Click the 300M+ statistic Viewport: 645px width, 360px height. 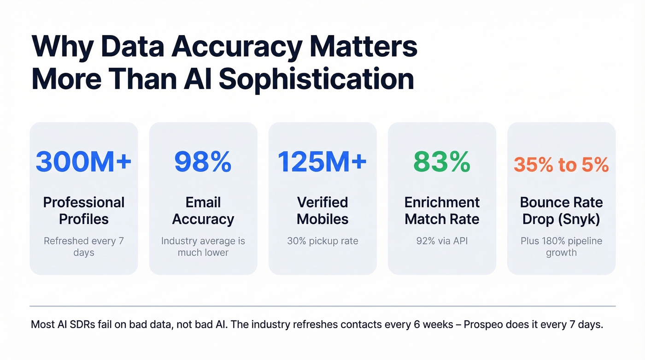click(83, 162)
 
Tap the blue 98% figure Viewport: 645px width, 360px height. click(203, 162)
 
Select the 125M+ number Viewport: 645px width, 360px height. click(322, 162)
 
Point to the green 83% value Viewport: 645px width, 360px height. click(442, 162)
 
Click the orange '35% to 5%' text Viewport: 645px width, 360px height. click(561, 165)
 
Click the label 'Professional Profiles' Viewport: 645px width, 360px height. click(83, 210)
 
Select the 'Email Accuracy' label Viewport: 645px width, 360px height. click(203, 210)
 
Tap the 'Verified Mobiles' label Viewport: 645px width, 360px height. click(322, 210)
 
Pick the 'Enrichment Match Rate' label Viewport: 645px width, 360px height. click(442, 210)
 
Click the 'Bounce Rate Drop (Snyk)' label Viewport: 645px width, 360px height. click(561, 210)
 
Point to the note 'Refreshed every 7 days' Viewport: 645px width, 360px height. click(83, 247)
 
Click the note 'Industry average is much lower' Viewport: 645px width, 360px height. click(203, 247)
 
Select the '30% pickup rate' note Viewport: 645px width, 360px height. click(322, 241)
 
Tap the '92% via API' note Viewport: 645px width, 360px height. click(442, 241)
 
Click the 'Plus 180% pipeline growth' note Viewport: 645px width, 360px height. click(561, 247)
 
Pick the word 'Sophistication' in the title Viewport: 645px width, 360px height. click(316, 79)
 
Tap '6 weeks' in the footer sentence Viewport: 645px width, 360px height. click(432, 325)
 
